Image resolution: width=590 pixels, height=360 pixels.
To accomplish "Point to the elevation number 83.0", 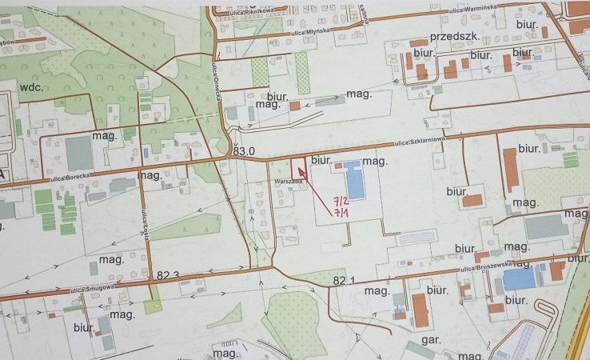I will point(243,151).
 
